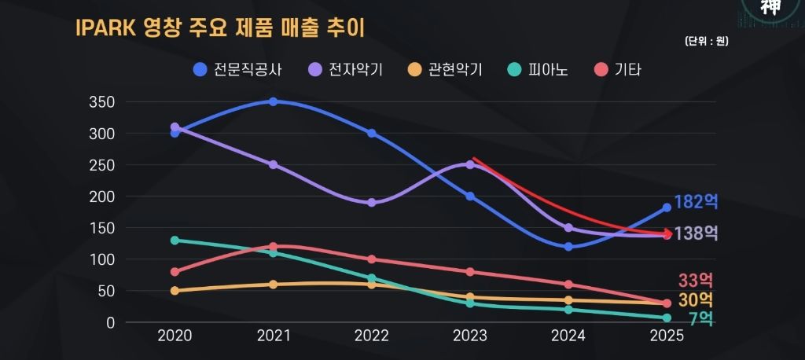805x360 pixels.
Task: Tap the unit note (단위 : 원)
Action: tap(705, 42)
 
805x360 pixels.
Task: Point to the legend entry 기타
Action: tap(619, 69)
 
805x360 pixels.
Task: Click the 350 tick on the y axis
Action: tap(103, 102)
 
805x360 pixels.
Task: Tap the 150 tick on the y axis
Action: tap(103, 228)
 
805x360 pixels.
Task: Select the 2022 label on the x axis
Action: tap(371, 336)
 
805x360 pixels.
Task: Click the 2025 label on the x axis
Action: tap(667, 336)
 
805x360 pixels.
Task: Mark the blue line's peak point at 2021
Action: tap(273, 102)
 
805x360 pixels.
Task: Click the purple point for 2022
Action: tap(371, 203)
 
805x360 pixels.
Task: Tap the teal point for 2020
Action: tap(175, 241)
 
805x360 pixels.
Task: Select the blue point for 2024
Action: tap(568, 247)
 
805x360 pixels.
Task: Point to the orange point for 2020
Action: tap(175, 291)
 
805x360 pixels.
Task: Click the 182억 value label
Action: tap(696, 202)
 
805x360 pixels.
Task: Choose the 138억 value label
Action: tap(696, 233)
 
